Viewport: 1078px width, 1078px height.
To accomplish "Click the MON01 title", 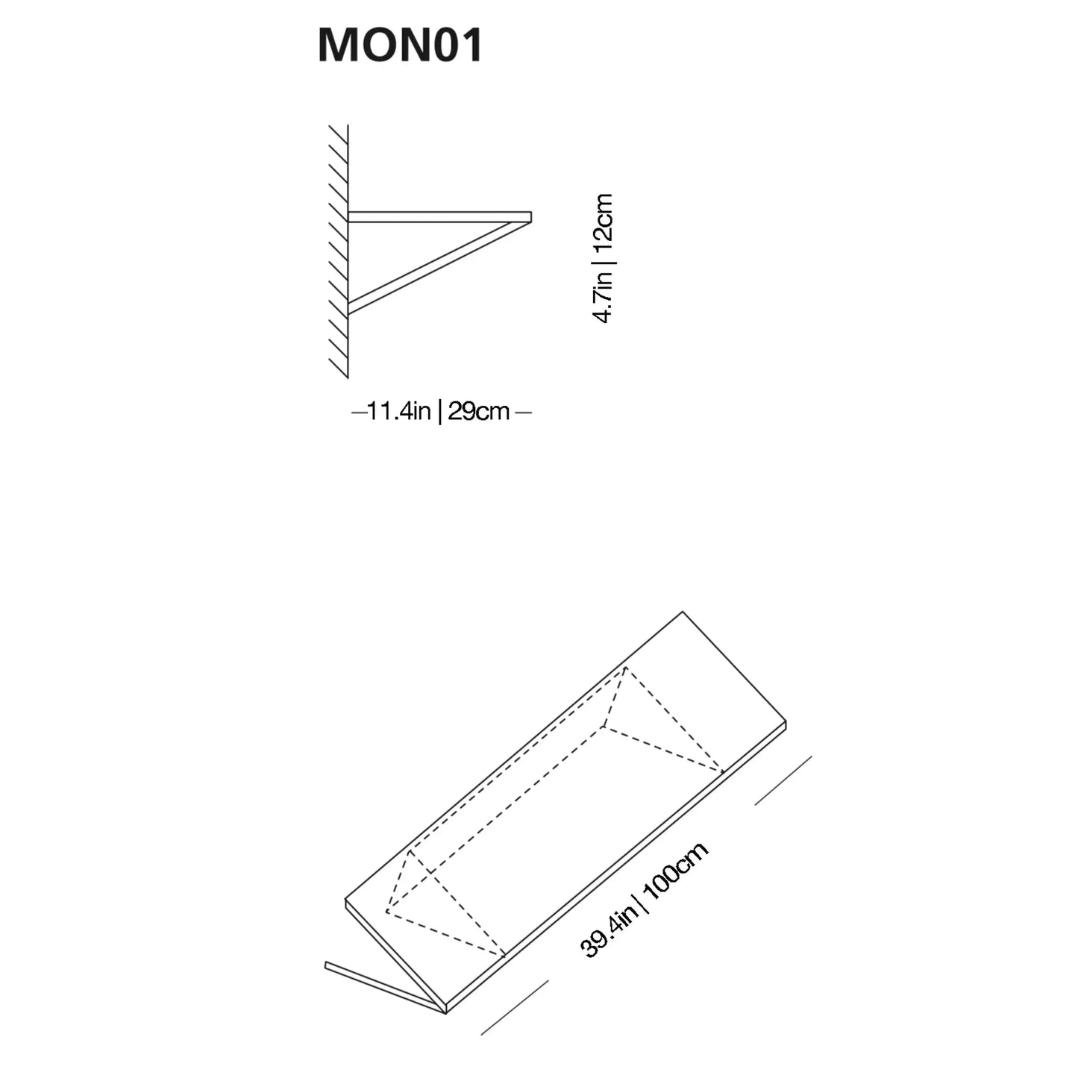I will pyautogui.click(x=401, y=46).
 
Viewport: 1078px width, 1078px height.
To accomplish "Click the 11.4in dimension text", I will pyautogui.click(x=399, y=411).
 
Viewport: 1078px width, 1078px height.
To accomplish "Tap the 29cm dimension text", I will pyautogui.click(x=478, y=411).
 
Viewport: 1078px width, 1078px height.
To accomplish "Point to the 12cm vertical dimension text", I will pyautogui.click(x=602, y=219).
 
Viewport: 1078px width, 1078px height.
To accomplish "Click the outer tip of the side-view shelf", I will pyautogui.click(x=530, y=216).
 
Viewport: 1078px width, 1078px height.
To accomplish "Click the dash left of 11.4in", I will pyautogui.click(x=359, y=411).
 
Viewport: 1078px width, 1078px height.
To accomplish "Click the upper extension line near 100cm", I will pyautogui.click(x=783, y=780).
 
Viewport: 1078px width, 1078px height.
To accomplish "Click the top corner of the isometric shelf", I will pyautogui.click(x=683, y=613).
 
